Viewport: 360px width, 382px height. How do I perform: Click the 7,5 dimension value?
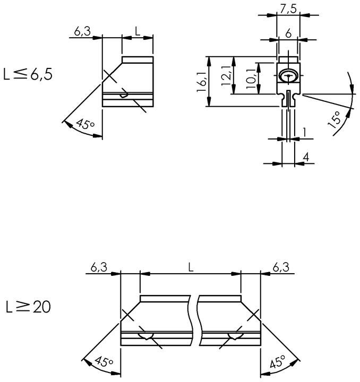(288, 9)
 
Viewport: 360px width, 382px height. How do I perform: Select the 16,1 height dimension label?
(202, 82)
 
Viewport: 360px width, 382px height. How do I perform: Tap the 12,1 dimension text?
(226, 76)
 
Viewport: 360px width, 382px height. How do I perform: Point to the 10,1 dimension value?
(251, 79)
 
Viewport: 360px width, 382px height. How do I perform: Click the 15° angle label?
(335, 119)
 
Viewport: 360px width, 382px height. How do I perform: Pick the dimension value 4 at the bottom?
(306, 157)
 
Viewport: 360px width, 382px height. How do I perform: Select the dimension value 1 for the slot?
(304, 132)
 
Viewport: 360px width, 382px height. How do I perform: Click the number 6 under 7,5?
(288, 33)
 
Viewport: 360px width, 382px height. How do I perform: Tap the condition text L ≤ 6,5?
(28, 74)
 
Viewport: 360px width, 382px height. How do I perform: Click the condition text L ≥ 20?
(28, 307)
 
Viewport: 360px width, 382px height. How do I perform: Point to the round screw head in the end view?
(288, 76)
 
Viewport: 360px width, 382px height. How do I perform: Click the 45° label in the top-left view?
(85, 124)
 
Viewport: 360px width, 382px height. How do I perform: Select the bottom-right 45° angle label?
(278, 361)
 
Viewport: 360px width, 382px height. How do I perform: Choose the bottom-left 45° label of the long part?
(104, 361)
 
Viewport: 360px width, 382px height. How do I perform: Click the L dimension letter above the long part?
(191, 267)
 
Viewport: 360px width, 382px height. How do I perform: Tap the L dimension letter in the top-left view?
(138, 31)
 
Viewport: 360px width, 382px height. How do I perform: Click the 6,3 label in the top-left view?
(82, 31)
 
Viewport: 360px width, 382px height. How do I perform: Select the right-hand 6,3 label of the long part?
(281, 267)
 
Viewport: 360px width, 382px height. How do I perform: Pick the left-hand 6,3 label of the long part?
(99, 267)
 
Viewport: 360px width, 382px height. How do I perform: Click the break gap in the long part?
(195, 320)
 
